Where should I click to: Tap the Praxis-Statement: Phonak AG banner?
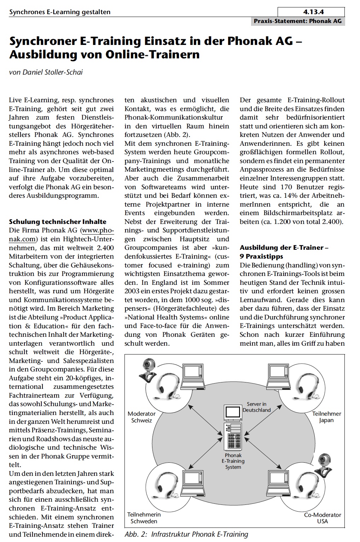pyautogui.click(x=297, y=21)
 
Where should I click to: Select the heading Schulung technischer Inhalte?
pyautogui.click(x=57, y=222)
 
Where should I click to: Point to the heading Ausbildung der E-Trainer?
pyautogui.click(x=284, y=248)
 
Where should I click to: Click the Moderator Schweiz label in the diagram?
pyautogui.click(x=141, y=417)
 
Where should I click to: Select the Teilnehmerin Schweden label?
pyautogui.click(x=144, y=518)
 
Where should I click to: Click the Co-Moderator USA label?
pyautogui.click(x=323, y=518)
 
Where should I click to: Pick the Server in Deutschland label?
pyautogui.click(x=256, y=407)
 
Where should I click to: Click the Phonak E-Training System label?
pyautogui.click(x=233, y=461)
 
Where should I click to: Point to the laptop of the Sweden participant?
pyautogui.click(x=193, y=481)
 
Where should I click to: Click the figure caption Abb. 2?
pyautogui.click(x=186, y=534)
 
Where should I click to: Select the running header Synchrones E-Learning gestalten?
pyautogui.click(x=60, y=12)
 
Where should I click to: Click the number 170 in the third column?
pyautogui.click(x=286, y=187)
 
